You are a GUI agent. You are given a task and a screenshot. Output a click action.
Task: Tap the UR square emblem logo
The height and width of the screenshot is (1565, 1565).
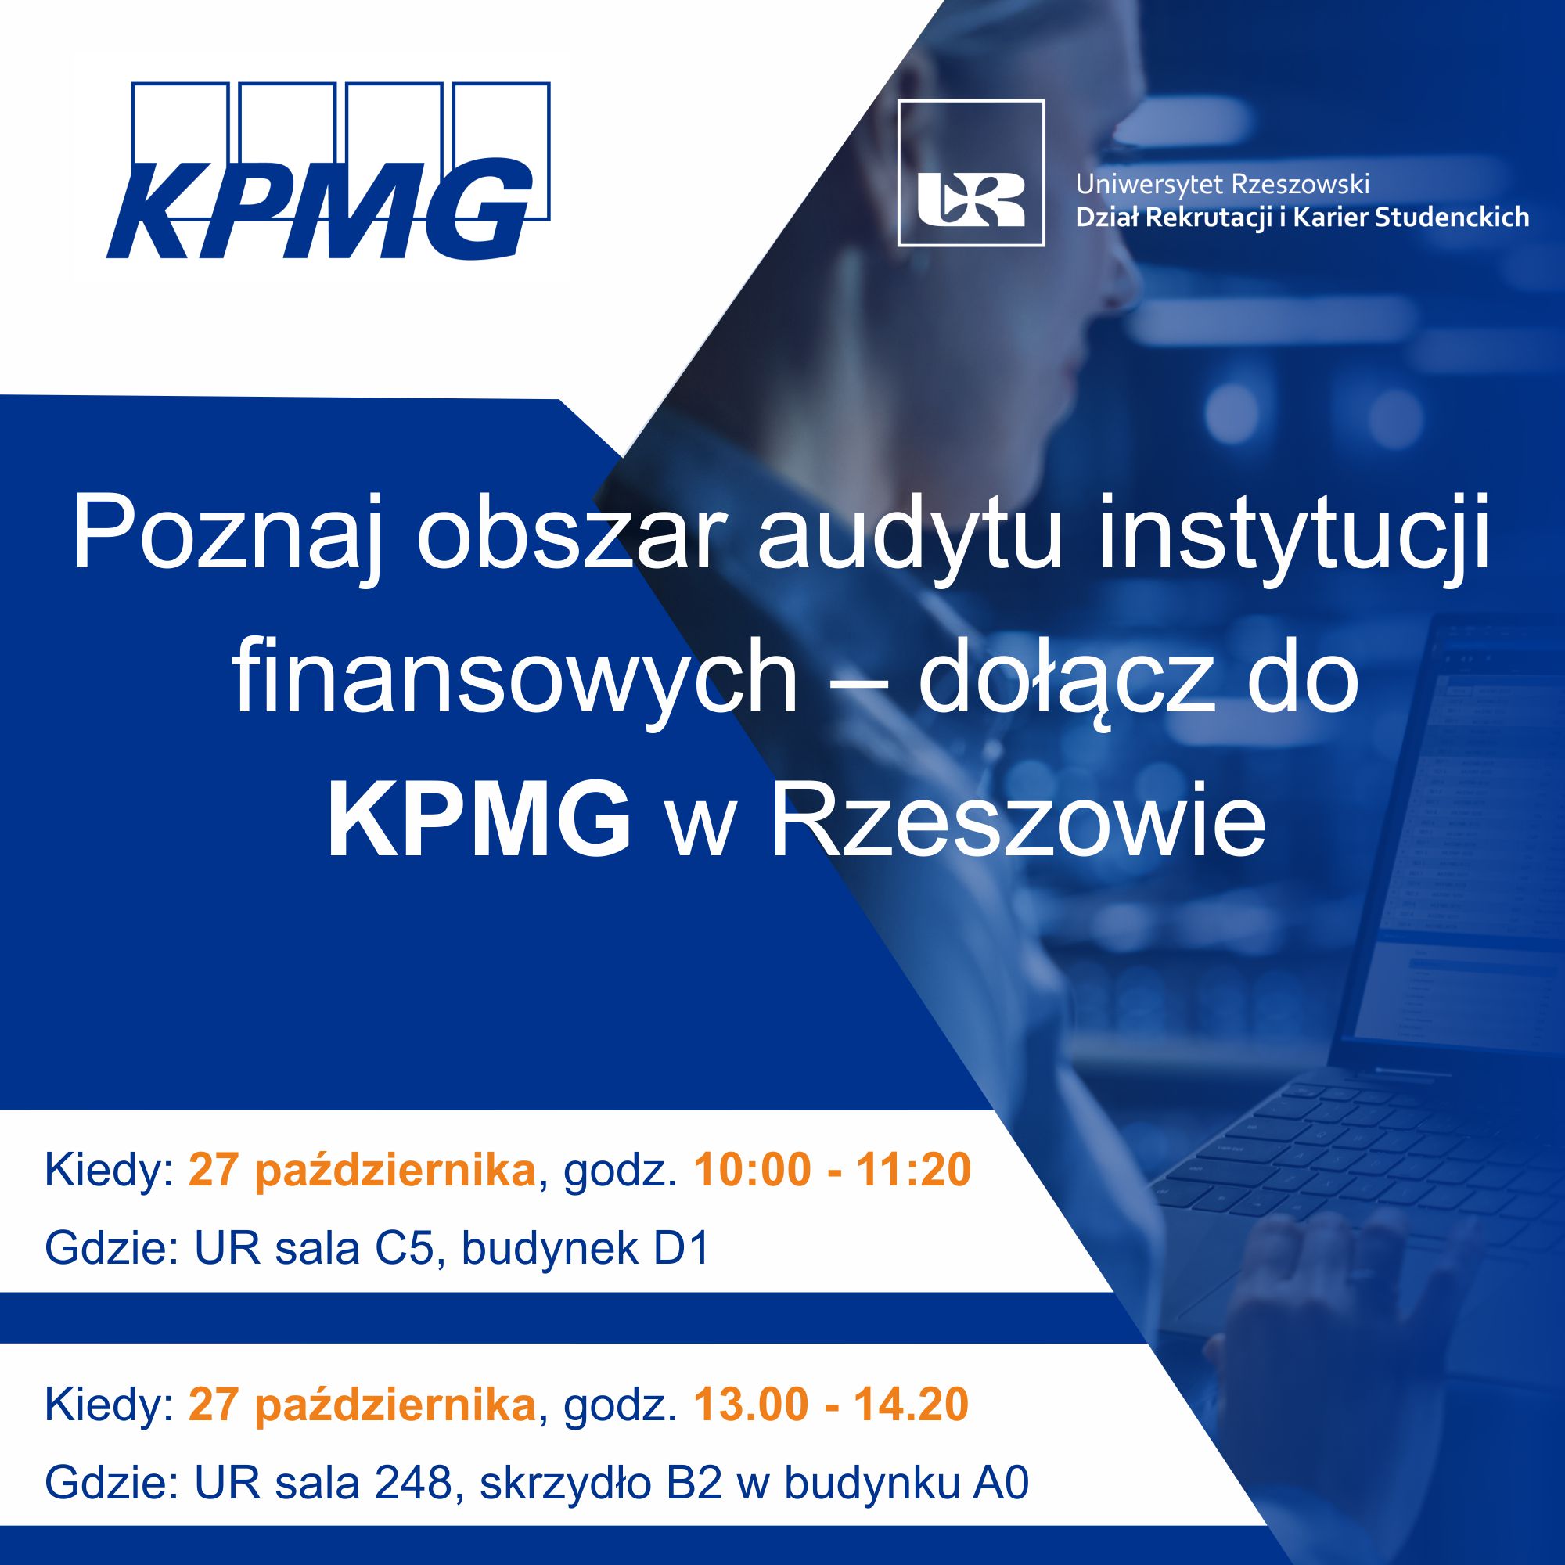(971, 172)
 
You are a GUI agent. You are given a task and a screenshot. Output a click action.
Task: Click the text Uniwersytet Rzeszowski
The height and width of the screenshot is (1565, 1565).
(1222, 185)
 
